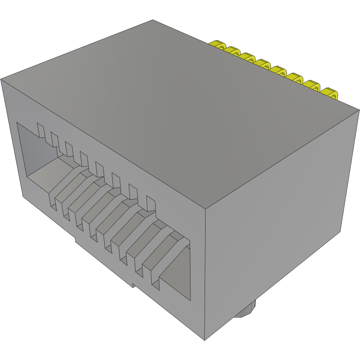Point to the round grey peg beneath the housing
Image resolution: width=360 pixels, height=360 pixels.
click(244, 312)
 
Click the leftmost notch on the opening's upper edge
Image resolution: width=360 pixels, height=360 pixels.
click(41, 130)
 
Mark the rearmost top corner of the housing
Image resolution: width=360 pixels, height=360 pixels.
click(153, 20)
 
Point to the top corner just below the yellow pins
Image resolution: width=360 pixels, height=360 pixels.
click(359, 110)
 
